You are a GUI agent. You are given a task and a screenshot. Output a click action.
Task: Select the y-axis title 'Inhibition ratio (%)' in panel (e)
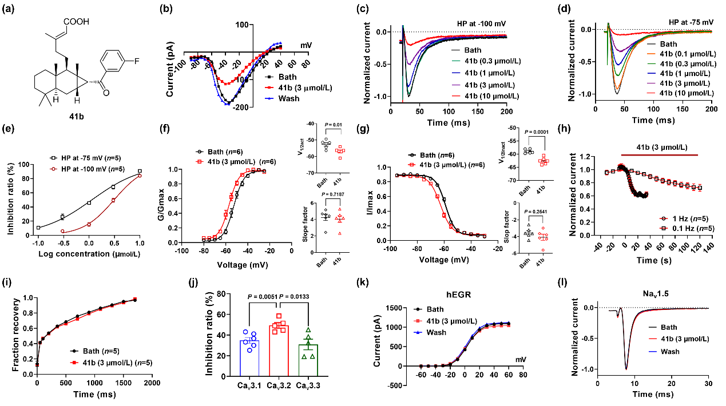pos(12,199)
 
